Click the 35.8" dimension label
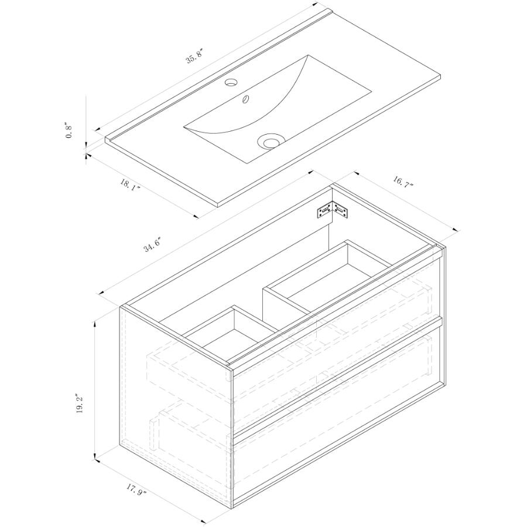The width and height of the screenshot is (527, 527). (x=195, y=56)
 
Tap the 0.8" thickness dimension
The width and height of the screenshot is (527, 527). (x=69, y=131)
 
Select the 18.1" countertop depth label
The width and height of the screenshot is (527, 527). (x=130, y=185)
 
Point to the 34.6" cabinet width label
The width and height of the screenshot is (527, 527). (x=153, y=244)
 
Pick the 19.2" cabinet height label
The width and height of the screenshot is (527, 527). (x=80, y=404)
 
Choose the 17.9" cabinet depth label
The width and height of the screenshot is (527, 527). (x=137, y=487)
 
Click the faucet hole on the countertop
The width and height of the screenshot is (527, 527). (x=231, y=82)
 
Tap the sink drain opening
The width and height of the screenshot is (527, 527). (x=271, y=141)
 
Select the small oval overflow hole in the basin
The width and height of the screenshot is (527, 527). (x=247, y=99)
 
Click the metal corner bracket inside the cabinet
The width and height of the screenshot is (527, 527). (x=333, y=210)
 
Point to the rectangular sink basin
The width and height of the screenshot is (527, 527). (x=278, y=109)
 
